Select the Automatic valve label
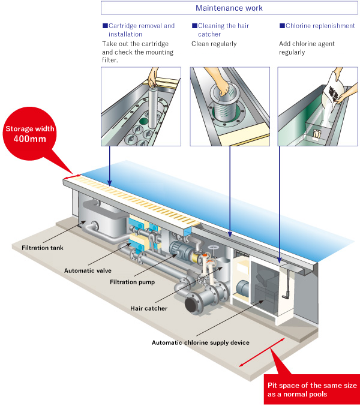(x=88, y=270)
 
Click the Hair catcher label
(x=148, y=308)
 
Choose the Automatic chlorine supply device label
(x=200, y=342)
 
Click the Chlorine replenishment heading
(x=320, y=26)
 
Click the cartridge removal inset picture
(x=140, y=106)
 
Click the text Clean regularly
(x=214, y=44)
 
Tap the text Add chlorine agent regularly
(x=307, y=48)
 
